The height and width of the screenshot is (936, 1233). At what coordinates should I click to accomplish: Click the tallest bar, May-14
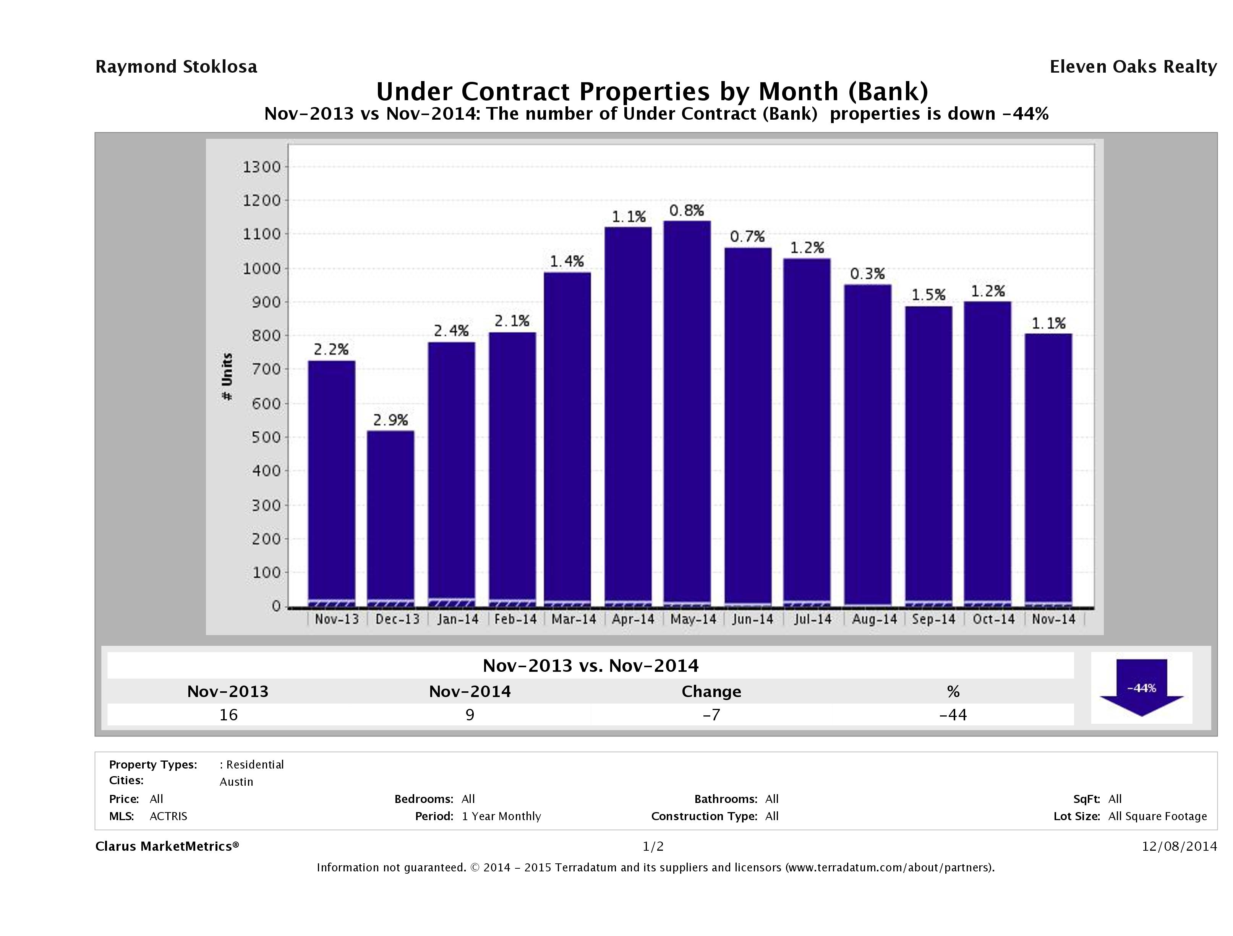click(x=687, y=413)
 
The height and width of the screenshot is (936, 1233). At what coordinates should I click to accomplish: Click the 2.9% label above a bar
click(x=390, y=420)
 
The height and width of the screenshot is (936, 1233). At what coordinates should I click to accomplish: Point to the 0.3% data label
click(x=867, y=274)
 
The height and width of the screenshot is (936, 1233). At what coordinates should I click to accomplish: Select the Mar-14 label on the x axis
click(x=574, y=619)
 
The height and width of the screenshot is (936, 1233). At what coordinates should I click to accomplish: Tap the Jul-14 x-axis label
click(x=813, y=619)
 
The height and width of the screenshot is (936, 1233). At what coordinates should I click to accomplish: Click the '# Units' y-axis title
click(x=227, y=377)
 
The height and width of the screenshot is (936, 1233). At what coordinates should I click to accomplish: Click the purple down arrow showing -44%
click(x=1141, y=687)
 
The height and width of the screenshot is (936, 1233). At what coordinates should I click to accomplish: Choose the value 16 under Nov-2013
click(x=228, y=715)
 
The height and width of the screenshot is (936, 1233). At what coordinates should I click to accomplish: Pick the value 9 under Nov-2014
click(x=470, y=715)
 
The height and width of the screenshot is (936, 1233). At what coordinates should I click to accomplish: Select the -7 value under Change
click(x=711, y=715)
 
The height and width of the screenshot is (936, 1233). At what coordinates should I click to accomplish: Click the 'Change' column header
click(x=711, y=692)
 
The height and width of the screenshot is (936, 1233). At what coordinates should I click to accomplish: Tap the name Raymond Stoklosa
click(x=176, y=67)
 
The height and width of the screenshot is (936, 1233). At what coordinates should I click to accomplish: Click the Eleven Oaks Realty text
click(x=1133, y=67)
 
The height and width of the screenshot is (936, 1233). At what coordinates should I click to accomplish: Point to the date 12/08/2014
click(x=1179, y=846)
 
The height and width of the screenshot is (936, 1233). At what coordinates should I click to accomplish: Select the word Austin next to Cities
click(x=237, y=782)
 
